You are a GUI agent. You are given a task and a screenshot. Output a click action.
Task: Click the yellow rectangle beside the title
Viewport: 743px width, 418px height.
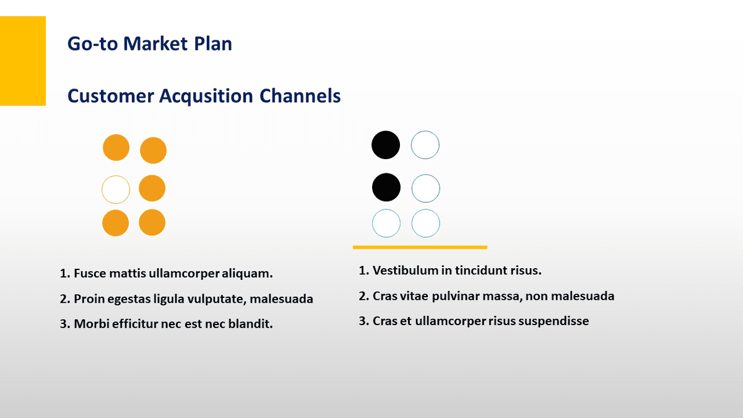coord(23,61)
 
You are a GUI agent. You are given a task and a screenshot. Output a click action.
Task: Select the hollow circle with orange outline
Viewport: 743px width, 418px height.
coord(116,189)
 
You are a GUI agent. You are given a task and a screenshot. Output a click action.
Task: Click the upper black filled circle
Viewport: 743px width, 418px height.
coord(386,145)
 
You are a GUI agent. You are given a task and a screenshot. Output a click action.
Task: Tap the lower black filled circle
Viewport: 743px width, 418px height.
coord(386,187)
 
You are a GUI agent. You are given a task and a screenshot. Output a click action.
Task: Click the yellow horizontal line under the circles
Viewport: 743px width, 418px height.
coord(420,247)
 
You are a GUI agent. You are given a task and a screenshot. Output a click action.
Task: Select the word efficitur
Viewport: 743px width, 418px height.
coord(137,324)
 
